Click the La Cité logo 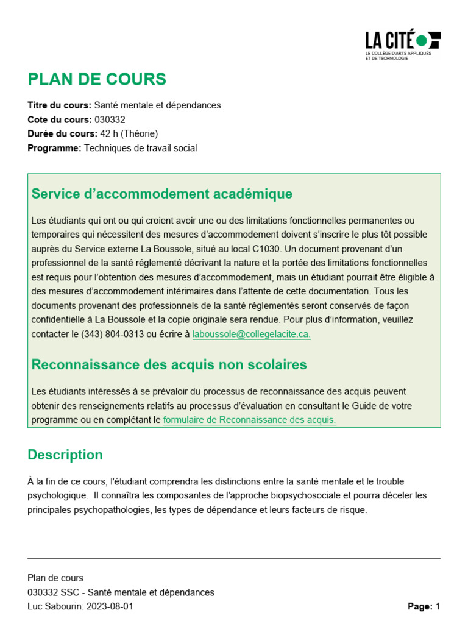tap(402, 43)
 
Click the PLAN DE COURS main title tap(97, 79)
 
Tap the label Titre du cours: tap(59, 105)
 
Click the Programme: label tap(54, 148)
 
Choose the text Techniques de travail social tap(140, 148)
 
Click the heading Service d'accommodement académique tap(161, 194)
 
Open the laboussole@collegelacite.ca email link tap(251, 334)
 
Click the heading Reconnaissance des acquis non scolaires tap(169, 364)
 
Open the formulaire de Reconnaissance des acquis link tap(249, 419)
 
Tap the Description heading tap(65, 455)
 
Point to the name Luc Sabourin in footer tap(53, 606)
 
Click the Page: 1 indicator tap(423, 606)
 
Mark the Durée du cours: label tap(62, 133)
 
